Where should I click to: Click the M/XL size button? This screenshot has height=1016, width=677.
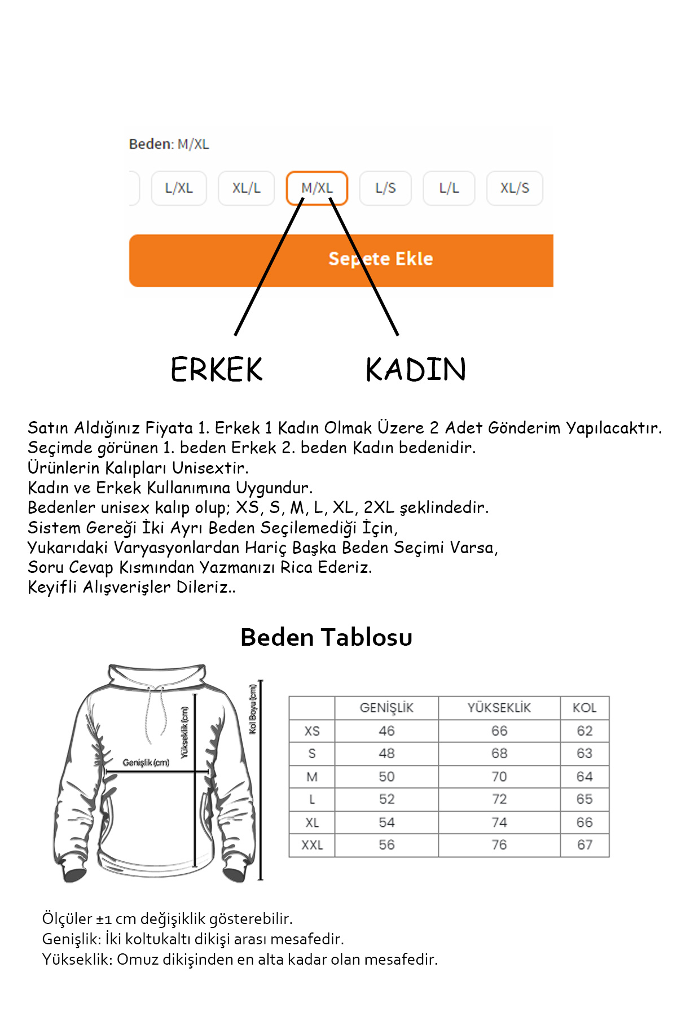[316, 188]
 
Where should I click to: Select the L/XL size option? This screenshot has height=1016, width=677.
[179, 188]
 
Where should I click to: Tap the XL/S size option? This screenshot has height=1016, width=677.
[515, 188]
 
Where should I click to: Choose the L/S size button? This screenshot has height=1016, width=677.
[385, 188]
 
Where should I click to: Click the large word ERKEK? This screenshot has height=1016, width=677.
[217, 370]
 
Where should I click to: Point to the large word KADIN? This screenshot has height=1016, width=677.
[416, 370]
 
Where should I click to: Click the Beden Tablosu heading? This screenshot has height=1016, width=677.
[326, 637]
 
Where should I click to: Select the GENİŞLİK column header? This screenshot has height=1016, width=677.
[386, 708]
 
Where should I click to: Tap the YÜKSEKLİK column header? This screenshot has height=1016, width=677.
[499, 708]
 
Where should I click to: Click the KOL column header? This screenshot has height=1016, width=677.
[584, 708]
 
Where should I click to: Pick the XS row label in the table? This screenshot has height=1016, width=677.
[312, 731]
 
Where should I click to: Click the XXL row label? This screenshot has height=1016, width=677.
[312, 845]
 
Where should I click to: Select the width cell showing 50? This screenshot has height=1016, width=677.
[386, 777]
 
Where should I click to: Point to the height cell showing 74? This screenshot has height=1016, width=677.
[499, 822]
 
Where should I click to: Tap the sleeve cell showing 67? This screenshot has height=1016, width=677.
[584, 845]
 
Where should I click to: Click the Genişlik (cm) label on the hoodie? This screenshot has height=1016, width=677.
[146, 763]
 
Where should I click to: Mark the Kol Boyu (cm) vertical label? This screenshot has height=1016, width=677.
[253, 709]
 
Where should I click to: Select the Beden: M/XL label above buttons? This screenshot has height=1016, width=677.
[169, 144]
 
